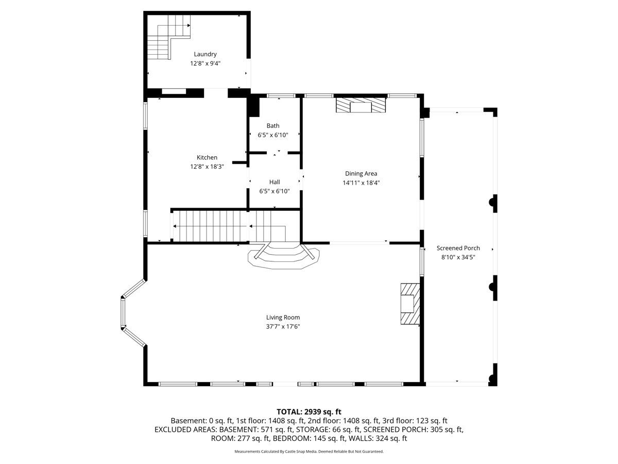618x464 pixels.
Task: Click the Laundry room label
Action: pyautogui.click(x=205, y=54)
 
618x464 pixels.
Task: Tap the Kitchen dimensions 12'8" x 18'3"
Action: pyautogui.click(x=207, y=167)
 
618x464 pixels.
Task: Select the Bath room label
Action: pyautogui.click(x=273, y=126)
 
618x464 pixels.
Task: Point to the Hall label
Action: pyautogui.click(x=274, y=182)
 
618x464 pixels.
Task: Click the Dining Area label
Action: pyautogui.click(x=361, y=174)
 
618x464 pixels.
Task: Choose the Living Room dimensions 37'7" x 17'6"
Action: pyautogui.click(x=283, y=326)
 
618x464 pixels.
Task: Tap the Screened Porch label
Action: pyautogui.click(x=458, y=248)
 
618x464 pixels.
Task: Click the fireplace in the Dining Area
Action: pyautogui.click(x=360, y=105)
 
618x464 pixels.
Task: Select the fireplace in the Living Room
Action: pyautogui.click(x=410, y=304)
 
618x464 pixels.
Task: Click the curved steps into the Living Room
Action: pyautogui.click(x=283, y=256)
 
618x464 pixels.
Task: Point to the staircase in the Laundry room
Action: pyautogui.click(x=169, y=37)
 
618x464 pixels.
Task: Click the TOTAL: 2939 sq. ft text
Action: pyautogui.click(x=309, y=412)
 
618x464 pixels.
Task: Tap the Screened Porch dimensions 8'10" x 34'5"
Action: pyautogui.click(x=458, y=257)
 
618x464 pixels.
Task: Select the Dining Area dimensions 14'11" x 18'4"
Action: pyautogui.click(x=361, y=183)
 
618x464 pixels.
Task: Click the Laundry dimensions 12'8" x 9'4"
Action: pyautogui.click(x=205, y=63)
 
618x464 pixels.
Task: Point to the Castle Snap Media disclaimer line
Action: pyautogui.click(x=309, y=452)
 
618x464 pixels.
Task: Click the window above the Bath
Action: pyautogui.click(x=281, y=96)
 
